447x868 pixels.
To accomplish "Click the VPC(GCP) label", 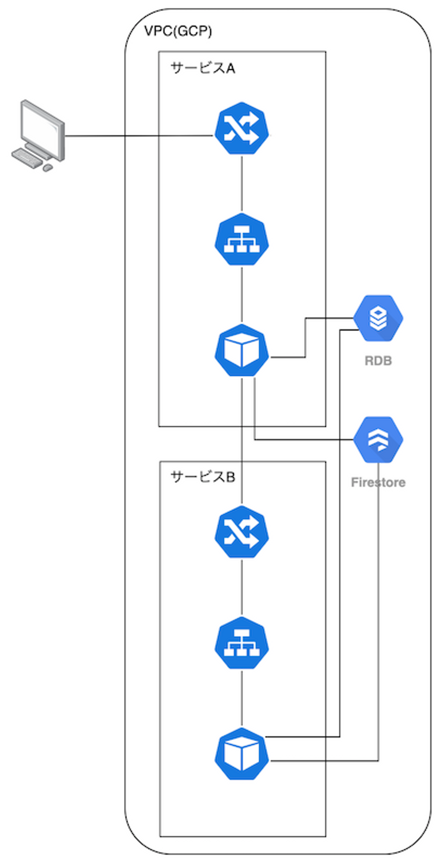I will [x=178, y=31].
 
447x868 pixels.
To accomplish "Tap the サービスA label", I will [x=203, y=68].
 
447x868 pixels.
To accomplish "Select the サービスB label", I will [x=203, y=477].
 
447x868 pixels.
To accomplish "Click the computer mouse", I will [x=48, y=168].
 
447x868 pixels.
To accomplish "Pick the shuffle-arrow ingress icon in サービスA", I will [x=242, y=129].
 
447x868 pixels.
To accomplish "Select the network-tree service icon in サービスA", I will [x=242, y=240].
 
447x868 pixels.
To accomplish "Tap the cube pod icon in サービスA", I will [x=242, y=350].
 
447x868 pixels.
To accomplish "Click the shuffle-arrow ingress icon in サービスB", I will [x=242, y=532].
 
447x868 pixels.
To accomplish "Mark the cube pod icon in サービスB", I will [x=242, y=754].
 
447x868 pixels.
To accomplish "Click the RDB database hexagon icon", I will [x=378, y=318].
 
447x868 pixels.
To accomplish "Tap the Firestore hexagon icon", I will [x=378, y=439].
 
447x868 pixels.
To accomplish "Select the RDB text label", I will [x=378, y=361].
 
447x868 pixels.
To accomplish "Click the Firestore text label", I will [x=378, y=482].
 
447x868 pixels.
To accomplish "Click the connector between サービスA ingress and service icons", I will [x=242, y=184].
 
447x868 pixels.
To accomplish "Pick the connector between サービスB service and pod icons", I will [x=242, y=698].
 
